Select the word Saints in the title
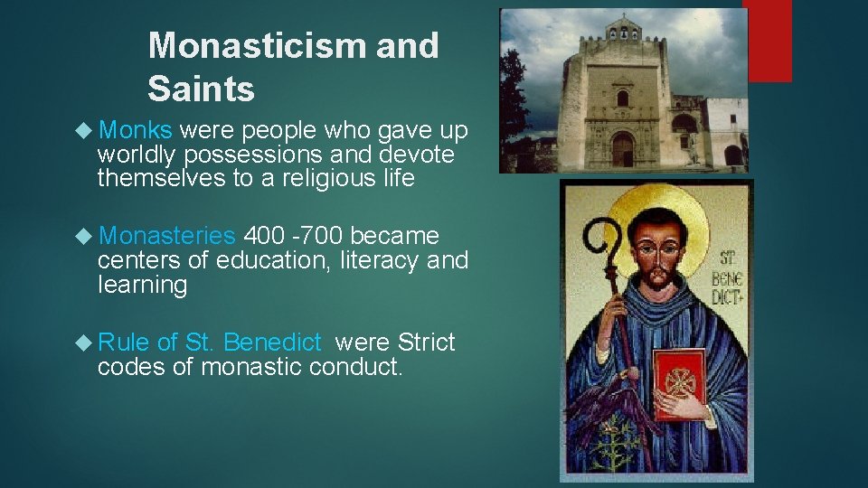coord(201,89)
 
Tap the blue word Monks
coord(136,131)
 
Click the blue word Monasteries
coord(167,236)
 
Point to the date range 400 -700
coord(294,236)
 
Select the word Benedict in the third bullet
coord(271,343)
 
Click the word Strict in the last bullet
coord(426,343)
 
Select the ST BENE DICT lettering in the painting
coord(723,262)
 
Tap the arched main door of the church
coord(622,148)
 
